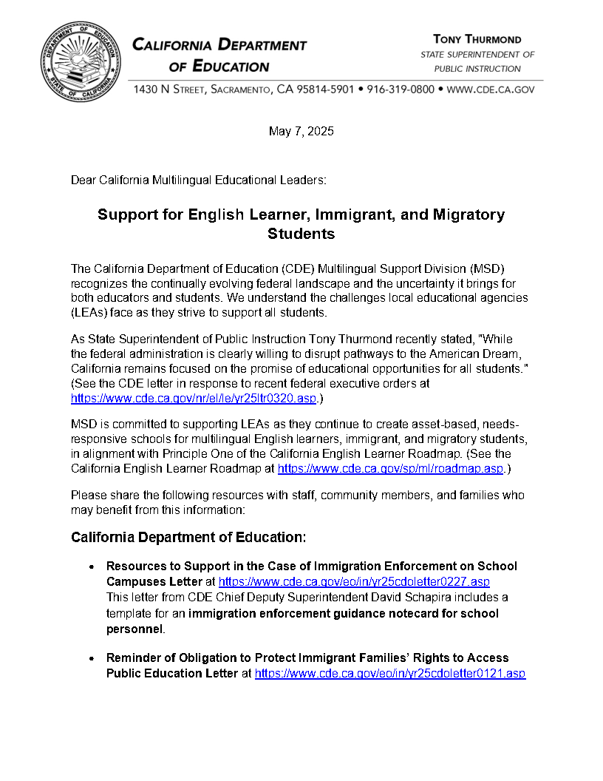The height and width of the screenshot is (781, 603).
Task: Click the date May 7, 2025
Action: (301, 132)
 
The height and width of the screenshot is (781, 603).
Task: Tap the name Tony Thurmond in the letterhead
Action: (477, 39)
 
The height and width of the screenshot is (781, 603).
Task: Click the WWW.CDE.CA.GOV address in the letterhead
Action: (491, 89)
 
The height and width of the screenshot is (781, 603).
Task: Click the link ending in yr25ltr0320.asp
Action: (194, 398)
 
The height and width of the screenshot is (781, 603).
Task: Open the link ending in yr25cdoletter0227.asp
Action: (354, 582)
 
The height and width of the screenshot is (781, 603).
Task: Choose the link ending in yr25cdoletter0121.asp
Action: (390, 674)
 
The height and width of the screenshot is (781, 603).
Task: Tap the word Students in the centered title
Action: (301, 234)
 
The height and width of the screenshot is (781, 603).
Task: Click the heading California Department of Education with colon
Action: (188, 537)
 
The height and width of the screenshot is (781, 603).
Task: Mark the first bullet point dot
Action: (90, 567)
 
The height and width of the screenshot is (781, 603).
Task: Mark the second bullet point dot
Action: (90, 659)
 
